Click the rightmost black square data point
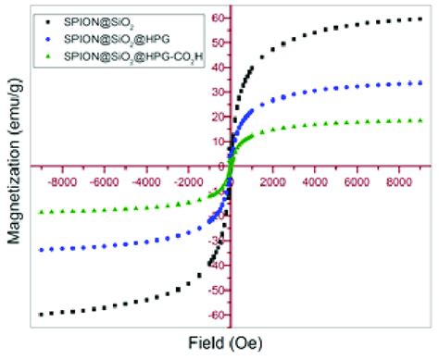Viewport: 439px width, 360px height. coord(421,19)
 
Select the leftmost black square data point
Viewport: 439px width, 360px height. coord(41,315)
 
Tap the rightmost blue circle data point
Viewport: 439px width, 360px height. coord(421,82)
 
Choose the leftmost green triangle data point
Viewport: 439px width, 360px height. coord(41,212)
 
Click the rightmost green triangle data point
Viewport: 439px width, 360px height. coord(421,120)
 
